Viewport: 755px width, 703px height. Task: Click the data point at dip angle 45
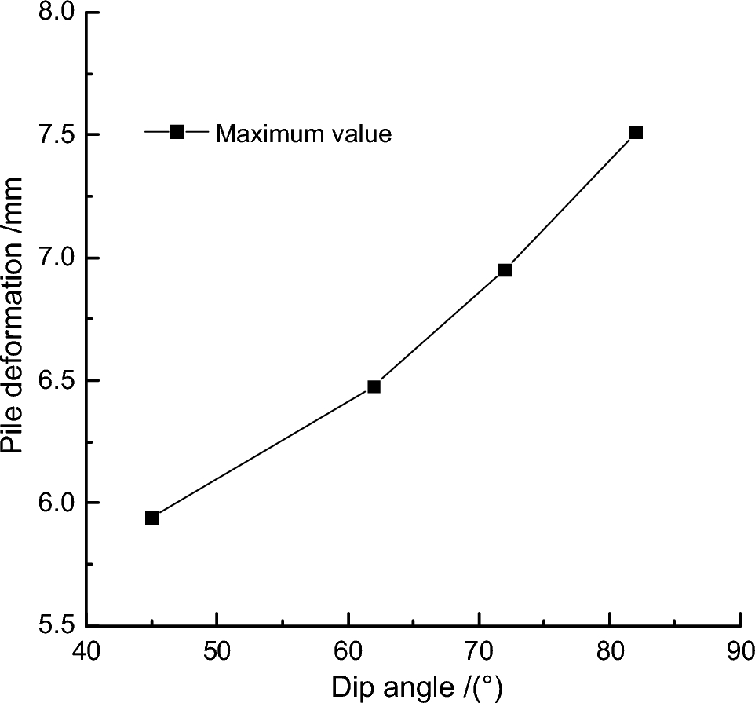tap(152, 518)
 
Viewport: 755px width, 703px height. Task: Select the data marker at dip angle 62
tap(374, 386)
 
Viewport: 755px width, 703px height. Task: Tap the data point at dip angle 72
tap(505, 270)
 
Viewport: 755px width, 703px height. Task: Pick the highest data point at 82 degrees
tap(636, 133)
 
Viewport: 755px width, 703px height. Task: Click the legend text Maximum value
tap(304, 134)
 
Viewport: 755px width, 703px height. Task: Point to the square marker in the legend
tap(177, 132)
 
